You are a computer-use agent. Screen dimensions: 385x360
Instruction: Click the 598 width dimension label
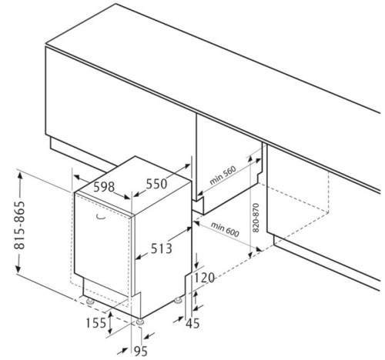click(104, 187)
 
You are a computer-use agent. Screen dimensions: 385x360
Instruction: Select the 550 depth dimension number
click(156, 184)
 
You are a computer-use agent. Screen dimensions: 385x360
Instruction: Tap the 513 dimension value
click(162, 248)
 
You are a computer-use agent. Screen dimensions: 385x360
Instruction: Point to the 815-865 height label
click(20, 225)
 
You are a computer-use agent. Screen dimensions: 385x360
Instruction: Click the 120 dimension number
click(204, 278)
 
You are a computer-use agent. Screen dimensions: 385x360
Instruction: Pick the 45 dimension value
click(192, 323)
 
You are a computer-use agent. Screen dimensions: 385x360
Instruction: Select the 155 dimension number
click(95, 323)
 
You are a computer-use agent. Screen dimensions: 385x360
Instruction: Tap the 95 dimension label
click(141, 351)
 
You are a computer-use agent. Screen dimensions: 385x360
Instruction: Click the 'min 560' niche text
click(223, 175)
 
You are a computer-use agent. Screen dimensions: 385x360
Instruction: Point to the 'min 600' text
click(225, 229)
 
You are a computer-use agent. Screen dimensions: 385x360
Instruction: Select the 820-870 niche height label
click(256, 218)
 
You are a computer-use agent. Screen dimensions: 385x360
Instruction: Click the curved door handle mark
click(101, 217)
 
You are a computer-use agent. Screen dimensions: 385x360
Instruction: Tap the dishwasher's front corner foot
click(140, 322)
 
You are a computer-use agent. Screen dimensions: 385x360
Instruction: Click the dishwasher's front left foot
click(90, 302)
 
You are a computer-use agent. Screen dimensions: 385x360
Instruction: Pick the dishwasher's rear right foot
click(178, 300)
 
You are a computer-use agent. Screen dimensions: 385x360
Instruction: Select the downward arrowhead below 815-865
click(18, 268)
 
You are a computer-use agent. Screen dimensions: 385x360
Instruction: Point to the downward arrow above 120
click(196, 261)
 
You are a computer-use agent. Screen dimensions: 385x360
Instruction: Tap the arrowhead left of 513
click(139, 257)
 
